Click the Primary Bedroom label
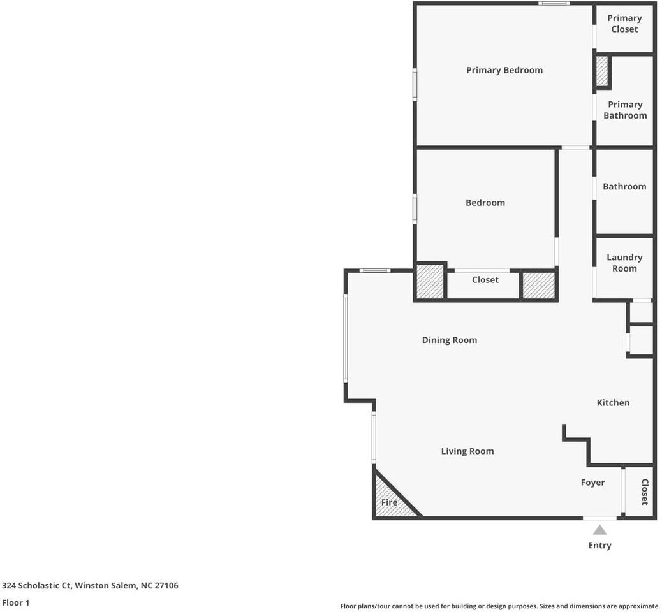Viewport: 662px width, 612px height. tap(504, 70)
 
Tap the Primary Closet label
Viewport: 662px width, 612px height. tap(624, 24)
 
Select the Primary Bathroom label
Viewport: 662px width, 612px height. tap(625, 110)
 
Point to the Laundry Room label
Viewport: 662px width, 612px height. tap(624, 263)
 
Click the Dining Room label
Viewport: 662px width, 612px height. tap(449, 340)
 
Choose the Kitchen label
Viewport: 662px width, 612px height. tap(613, 402)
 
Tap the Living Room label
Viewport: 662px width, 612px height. tap(467, 451)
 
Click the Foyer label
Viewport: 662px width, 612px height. tap(592, 483)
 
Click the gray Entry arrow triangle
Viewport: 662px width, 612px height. tap(599, 530)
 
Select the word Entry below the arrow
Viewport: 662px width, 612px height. tap(599, 545)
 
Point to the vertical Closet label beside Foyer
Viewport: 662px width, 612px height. tap(644, 492)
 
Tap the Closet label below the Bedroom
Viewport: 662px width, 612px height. tap(485, 280)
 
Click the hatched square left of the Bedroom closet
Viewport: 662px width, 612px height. tap(430, 282)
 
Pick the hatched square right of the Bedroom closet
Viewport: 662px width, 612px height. tap(539, 285)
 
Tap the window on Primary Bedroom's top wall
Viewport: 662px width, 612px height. tap(554, 4)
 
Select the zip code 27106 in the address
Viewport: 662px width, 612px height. tap(165, 585)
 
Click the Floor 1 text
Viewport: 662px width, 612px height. tap(15, 602)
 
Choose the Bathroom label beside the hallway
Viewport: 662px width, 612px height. tap(624, 186)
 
